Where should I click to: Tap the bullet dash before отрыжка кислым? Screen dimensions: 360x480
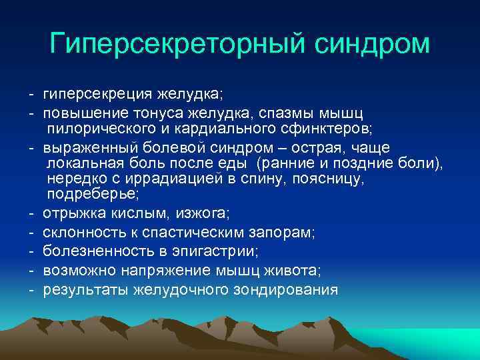click(x=31, y=213)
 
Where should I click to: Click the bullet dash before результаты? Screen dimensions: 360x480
click(x=31, y=290)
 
